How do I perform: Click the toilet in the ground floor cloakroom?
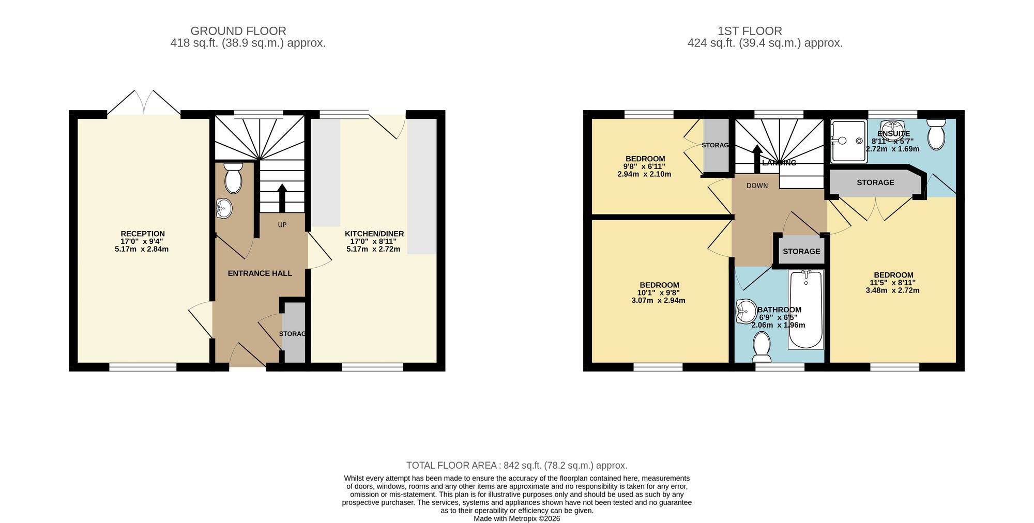[233, 178]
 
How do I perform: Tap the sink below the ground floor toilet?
[224, 209]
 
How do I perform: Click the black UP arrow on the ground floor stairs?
[282, 198]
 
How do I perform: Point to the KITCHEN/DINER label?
[374, 234]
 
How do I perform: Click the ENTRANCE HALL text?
[260, 273]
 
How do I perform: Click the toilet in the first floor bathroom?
[762, 347]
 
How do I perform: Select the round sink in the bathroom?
[746, 312]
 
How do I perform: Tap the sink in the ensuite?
[893, 126]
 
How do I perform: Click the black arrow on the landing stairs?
[756, 159]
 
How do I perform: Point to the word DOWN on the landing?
[757, 186]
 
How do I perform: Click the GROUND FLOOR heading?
[238, 31]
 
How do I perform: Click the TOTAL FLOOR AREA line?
[517, 466]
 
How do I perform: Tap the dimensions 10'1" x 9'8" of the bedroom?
[659, 293]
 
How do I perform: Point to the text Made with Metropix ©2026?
[517, 518]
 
